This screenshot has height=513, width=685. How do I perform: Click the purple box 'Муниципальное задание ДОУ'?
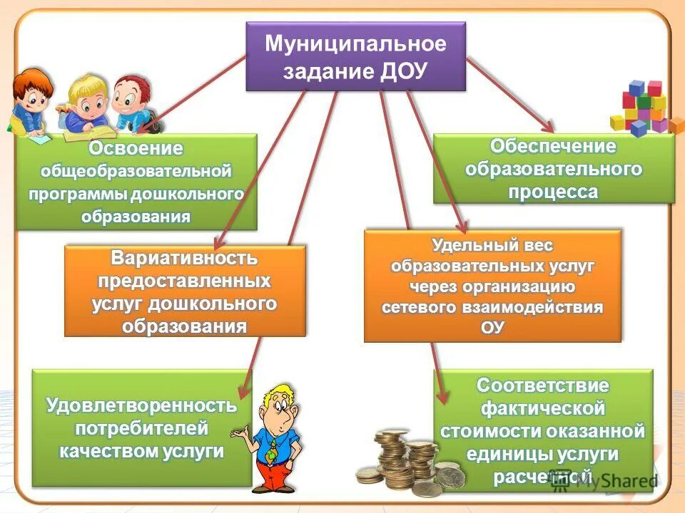tap(355, 56)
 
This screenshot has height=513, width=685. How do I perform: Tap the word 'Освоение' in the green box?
tap(136, 149)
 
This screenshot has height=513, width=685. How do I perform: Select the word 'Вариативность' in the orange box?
tap(185, 259)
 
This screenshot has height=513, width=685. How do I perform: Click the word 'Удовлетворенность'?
tap(141, 406)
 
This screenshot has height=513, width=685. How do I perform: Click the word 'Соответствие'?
tap(543, 386)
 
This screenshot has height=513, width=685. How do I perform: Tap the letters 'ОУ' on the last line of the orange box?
tap(492, 327)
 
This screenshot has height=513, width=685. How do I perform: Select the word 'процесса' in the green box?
tap(553, 192)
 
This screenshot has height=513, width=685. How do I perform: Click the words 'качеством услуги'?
tap(141, 451)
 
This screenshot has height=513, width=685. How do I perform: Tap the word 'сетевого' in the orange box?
tap(413, 307)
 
